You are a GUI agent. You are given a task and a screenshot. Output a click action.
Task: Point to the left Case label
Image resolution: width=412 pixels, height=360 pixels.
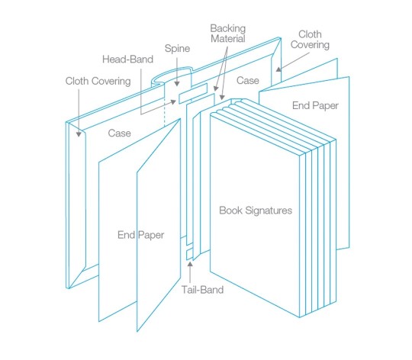pos(118,133)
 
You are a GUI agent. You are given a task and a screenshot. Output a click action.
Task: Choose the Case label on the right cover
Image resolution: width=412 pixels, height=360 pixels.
pos(249,80)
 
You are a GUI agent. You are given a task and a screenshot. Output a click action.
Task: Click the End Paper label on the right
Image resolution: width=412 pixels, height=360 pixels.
pos(314,106)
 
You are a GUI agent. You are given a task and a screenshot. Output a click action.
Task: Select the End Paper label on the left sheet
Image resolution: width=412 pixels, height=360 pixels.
pos(140,235)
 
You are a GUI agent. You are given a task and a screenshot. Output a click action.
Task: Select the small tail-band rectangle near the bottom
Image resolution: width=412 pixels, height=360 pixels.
pos(189,254)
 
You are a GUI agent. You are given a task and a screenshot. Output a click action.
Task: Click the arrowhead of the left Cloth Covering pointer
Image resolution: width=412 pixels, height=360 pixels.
pos(79,134)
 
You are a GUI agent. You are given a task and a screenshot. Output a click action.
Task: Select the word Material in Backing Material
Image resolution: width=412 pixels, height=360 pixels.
pos(228,39)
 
